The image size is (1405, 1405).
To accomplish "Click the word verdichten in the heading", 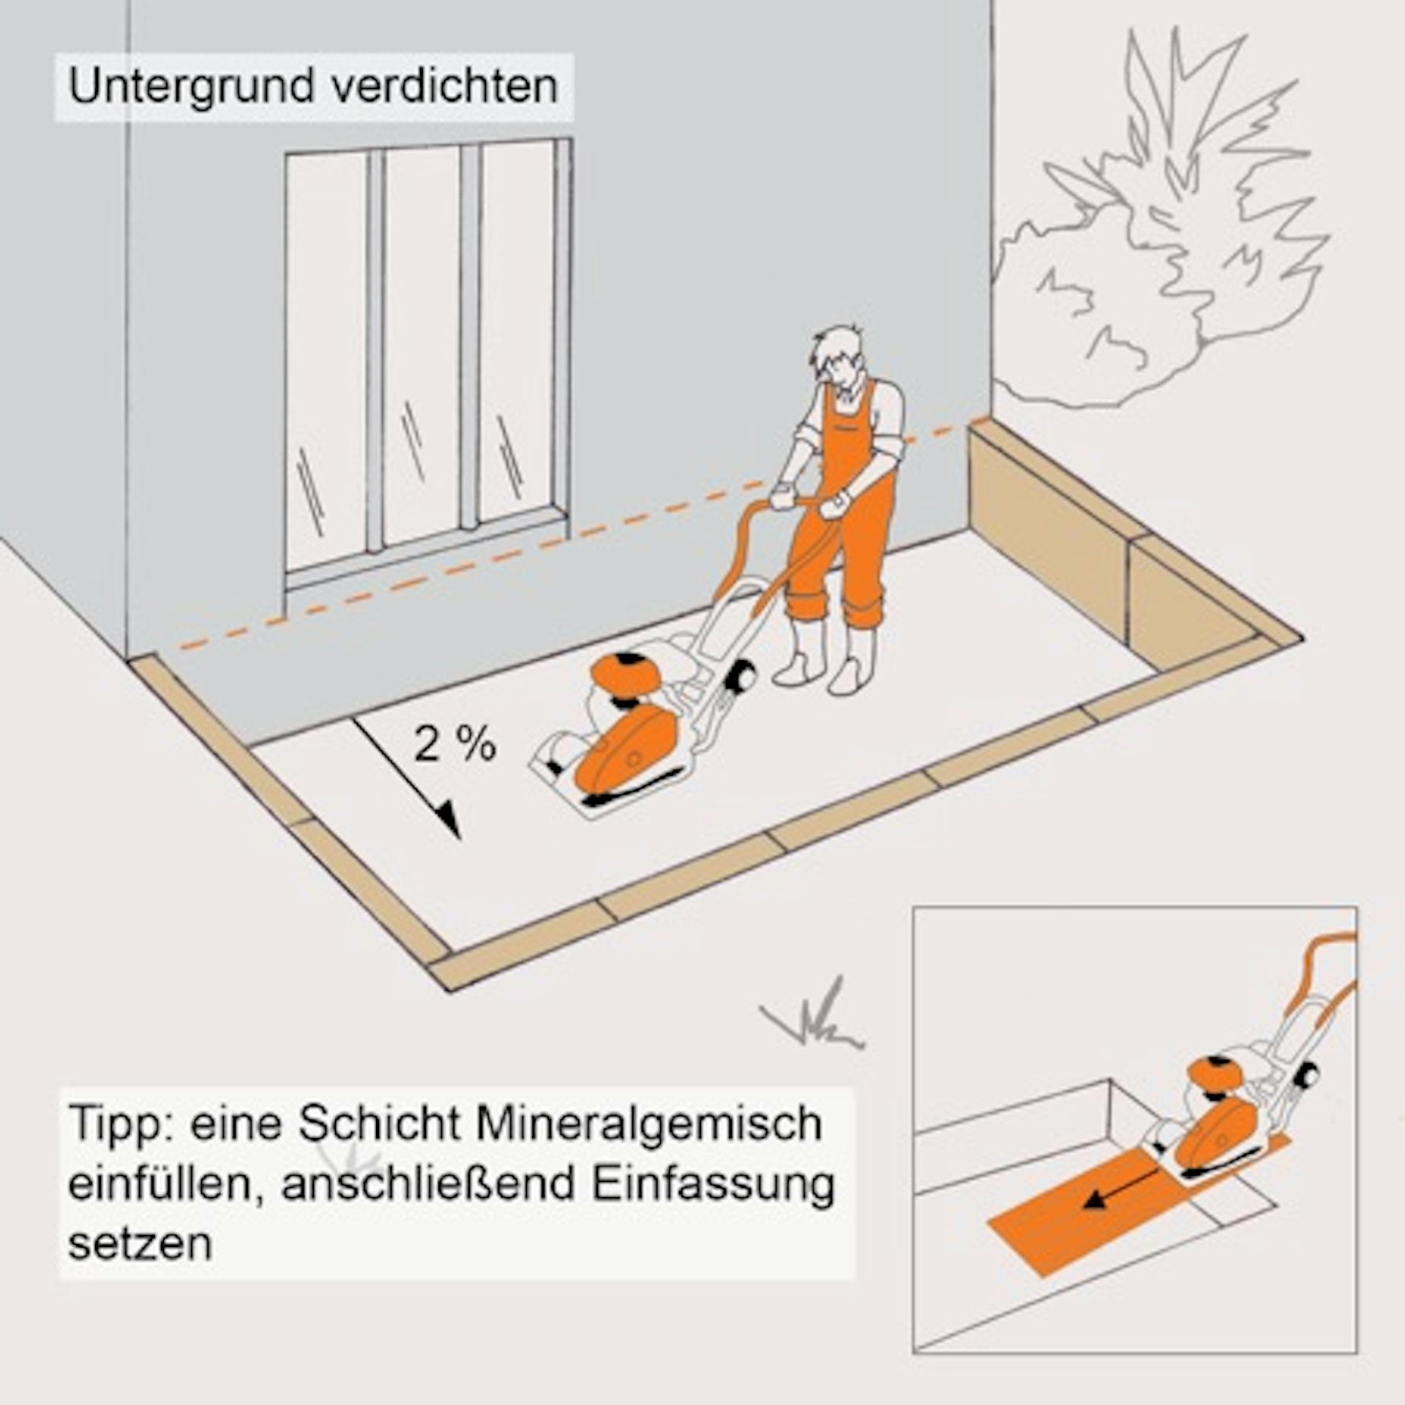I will point(444,86).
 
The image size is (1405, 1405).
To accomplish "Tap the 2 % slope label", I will point(454,744).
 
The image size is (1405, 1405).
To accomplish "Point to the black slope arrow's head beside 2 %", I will point(448,820).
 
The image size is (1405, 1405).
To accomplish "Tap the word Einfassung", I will point(713,1205).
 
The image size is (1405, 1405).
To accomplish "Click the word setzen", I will point(140,1264).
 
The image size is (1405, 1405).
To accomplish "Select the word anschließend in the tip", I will point(428,1205).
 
